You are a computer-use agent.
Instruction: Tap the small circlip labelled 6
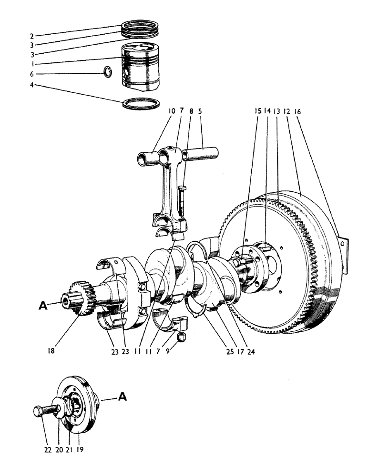click(x=109, y=72)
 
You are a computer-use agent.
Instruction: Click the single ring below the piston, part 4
click(x=142, y=104)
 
